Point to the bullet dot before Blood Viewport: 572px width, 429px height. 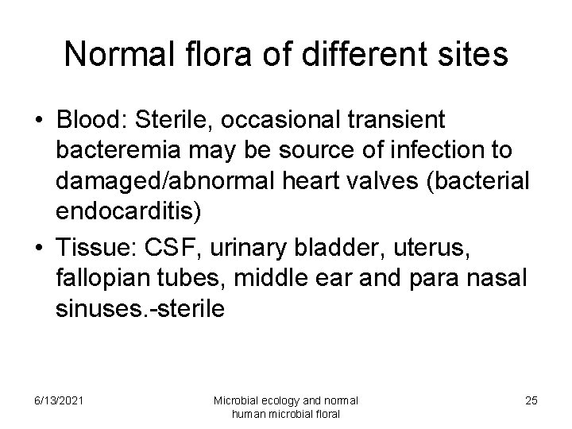pyautogui.click(x=37, y=122)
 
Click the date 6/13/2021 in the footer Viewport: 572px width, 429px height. pyautogui.click(x=56, y=400)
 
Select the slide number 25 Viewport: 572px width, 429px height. pyautogui.click(x=531, y=400)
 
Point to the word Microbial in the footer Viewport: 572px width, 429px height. pyautogui.click(x=235, y=400)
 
